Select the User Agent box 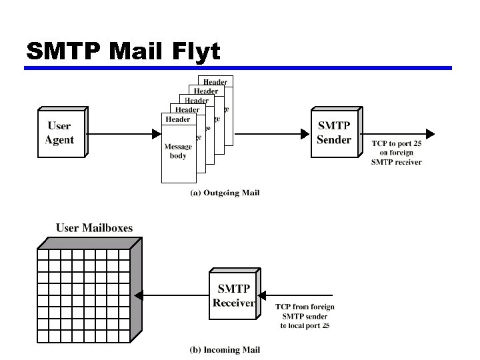[x=59, y=133]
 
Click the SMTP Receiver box [x=233, y=295]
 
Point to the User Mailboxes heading [x=94, y=228]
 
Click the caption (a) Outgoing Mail [x=225, y=193]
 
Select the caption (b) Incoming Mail [x=225, y=349]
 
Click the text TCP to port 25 [x=397, y=143]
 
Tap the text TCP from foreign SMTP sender [x=305, y=311]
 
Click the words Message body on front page [x=178, y=151]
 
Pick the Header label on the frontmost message [x=178, y=119]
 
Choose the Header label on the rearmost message [x=215, y=82]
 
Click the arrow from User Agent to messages [x=123, y=133]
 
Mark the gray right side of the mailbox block [x=137, y=287]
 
